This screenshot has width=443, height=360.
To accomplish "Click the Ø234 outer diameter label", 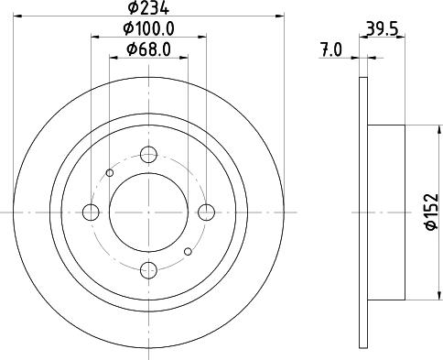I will pyautogui.click(x=147, y=8).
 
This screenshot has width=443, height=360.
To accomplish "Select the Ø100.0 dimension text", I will pyautogui.click(x=147, y=30).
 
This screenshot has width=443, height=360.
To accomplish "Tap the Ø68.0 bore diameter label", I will pyautogui.click(x=147, y=50).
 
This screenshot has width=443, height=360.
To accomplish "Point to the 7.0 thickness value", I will pyautogui.click(x=330, y=51).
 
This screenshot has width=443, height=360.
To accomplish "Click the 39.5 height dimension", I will pyautogui.click(x=378, y=30).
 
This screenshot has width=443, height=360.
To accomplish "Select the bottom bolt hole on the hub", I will pyautogui.click(x=148, y=270).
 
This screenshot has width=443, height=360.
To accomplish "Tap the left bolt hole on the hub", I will pyautogui.click(x=91, y=213).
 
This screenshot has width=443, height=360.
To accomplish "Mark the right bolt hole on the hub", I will pyautogui.click(x=206, y=213).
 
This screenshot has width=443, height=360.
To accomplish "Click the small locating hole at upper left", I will pyautogui.click(x=110, y=172).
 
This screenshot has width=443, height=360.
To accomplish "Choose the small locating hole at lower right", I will pyautogui.click(x=188, y=251).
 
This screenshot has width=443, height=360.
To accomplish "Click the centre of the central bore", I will pyautogui.click(x=148, y=213).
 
